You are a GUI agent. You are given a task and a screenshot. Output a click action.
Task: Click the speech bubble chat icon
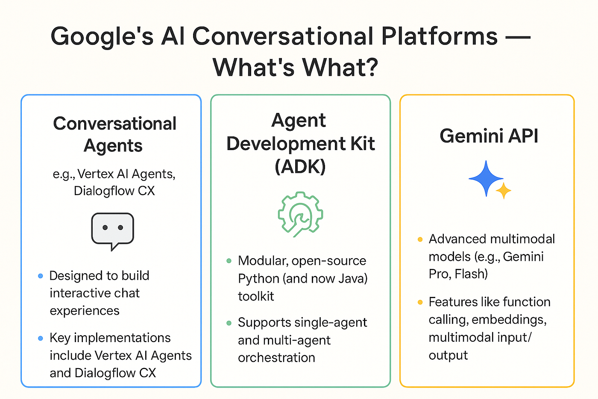[x=112, y=230]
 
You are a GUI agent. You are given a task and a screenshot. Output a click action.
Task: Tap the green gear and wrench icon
[x=300, y=214]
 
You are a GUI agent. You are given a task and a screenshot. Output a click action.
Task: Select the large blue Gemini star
[x=486, y=178]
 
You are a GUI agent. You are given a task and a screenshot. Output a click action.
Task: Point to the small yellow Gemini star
[x=504, y=190]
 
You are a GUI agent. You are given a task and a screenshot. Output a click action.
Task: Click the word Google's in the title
[x=102, y=37]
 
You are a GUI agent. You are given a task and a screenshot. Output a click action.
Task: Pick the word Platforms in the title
[x=439, y=36]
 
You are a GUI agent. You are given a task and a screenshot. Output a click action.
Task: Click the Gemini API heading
[x=489, y=136]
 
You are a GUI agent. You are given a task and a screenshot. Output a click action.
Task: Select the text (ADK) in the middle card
[x=300, y=166]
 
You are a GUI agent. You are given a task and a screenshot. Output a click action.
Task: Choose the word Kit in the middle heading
[x=363, y=144]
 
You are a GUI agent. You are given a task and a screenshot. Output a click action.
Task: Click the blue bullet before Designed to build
[x=41, y=276]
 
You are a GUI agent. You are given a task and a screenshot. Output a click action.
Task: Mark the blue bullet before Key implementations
[x=41, y=338]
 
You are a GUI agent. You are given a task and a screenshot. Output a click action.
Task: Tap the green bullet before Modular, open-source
[x=229, y=261]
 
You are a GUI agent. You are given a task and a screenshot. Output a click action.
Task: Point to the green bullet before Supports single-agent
[x=229, y=323]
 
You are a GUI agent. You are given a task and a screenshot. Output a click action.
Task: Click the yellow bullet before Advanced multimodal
[x=420, y=239]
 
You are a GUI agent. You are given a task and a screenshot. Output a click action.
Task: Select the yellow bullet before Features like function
[x=420, y=302]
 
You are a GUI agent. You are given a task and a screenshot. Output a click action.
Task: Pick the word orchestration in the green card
[x=276, y=358]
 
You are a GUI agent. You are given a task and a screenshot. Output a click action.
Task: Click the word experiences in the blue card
[x=85, y=310]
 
